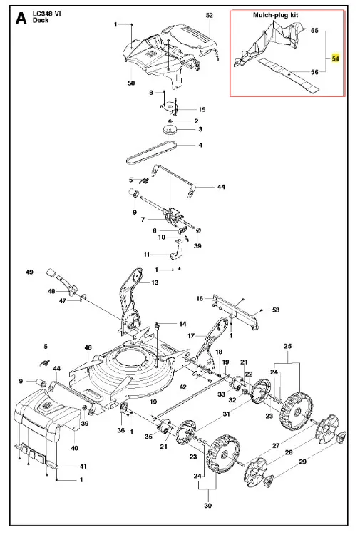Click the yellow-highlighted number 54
[x=336, y=58]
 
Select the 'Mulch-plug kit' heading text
[x=275, y=15]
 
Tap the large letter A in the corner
[x=21, y=18]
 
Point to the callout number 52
[x=210, y=16]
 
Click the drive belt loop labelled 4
[x=152, y=152]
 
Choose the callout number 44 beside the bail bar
[x=221, y=187]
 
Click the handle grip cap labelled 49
[x=51, y=272]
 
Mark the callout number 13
[x=155, y=282]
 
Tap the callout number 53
[x=275, y=310]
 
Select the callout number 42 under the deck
[x=183, y=387]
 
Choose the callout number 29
[x=302, y=462]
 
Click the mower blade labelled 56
[x=289, y=76]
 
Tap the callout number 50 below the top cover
[x=131, y=83]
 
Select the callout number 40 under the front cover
[x=75, y=448]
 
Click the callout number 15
[x=202, y=109]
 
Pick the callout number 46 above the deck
[x=88, y=347]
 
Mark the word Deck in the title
[x=40, y=20]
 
